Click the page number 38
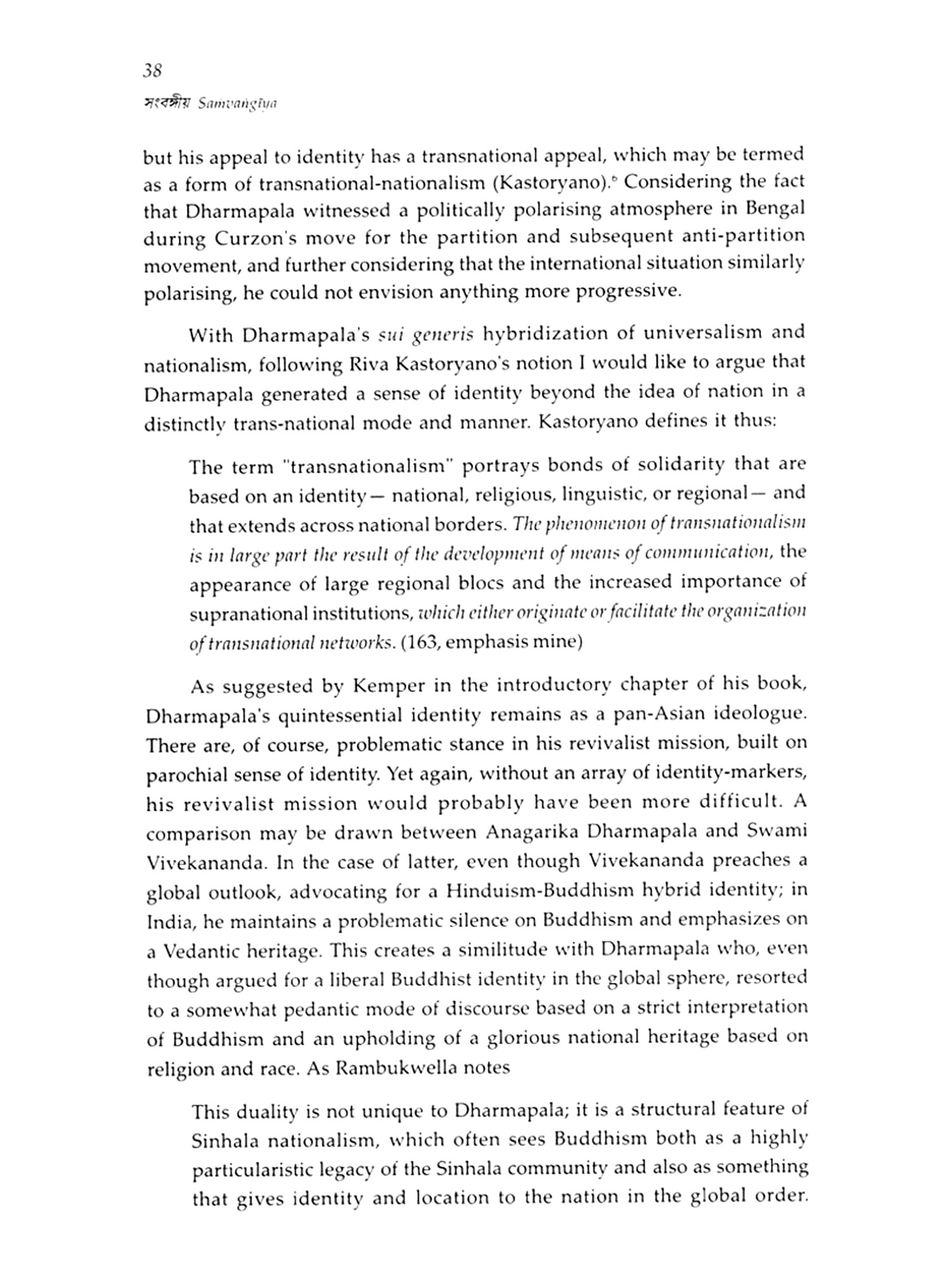pos(152,71)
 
